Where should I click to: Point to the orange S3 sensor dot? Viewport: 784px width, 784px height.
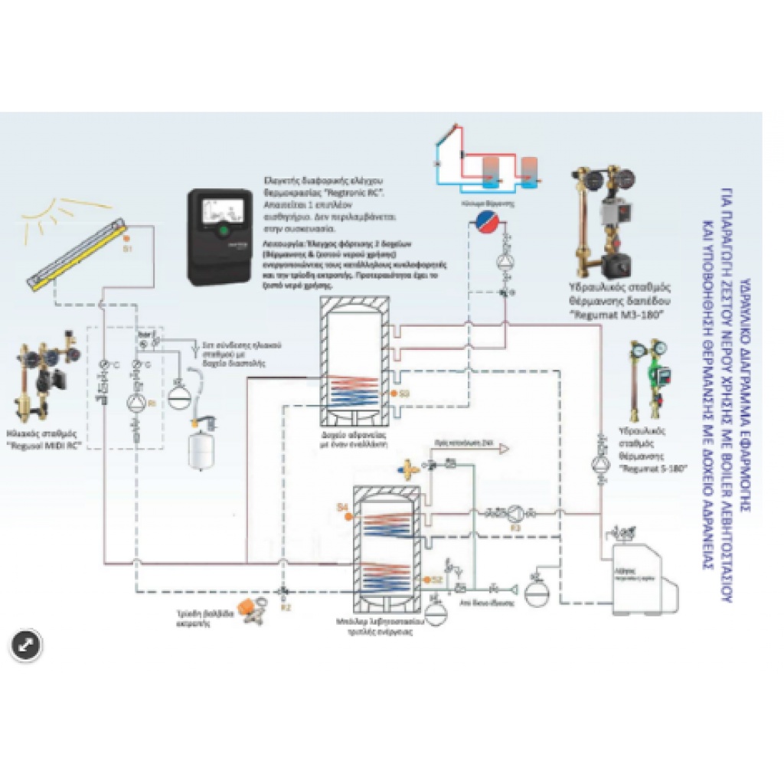point(393,394)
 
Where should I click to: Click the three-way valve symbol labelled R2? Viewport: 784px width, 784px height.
point(284,590)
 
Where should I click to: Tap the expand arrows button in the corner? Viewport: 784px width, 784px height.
point(25,645)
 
